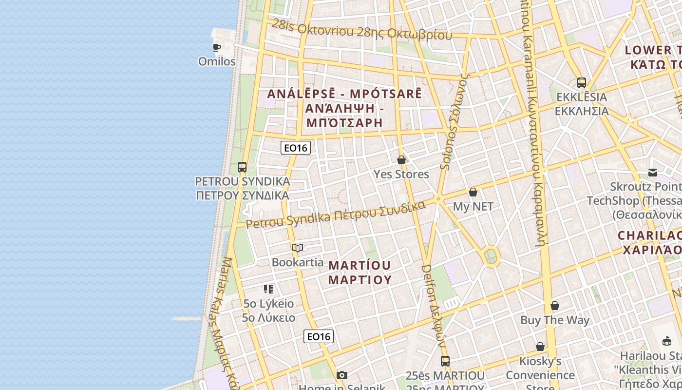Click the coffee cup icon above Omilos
coord(217,47)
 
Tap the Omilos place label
coord(217,61)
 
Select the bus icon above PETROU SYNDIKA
coord(242,167)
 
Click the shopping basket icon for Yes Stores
coord(401,160)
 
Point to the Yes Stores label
coord(401,174)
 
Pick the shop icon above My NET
coord(473,192)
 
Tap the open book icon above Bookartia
coord(298,248)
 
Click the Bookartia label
coord(298,262)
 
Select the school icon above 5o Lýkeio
coord(268,289)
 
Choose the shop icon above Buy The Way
coord(555,306)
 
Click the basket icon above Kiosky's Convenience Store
coord(540,347)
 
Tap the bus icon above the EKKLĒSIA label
coord(582,82)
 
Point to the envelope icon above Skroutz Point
coord(653,172)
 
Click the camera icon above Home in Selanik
coord(342,375)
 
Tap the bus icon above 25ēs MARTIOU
coord(445,361)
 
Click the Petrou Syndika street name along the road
coord(336,215)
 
